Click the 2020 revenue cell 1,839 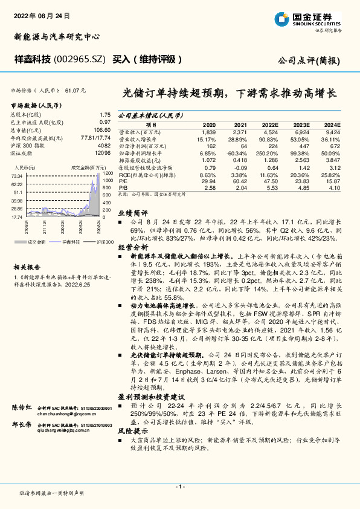207,131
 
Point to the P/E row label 122,180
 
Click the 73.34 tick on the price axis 18,175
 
